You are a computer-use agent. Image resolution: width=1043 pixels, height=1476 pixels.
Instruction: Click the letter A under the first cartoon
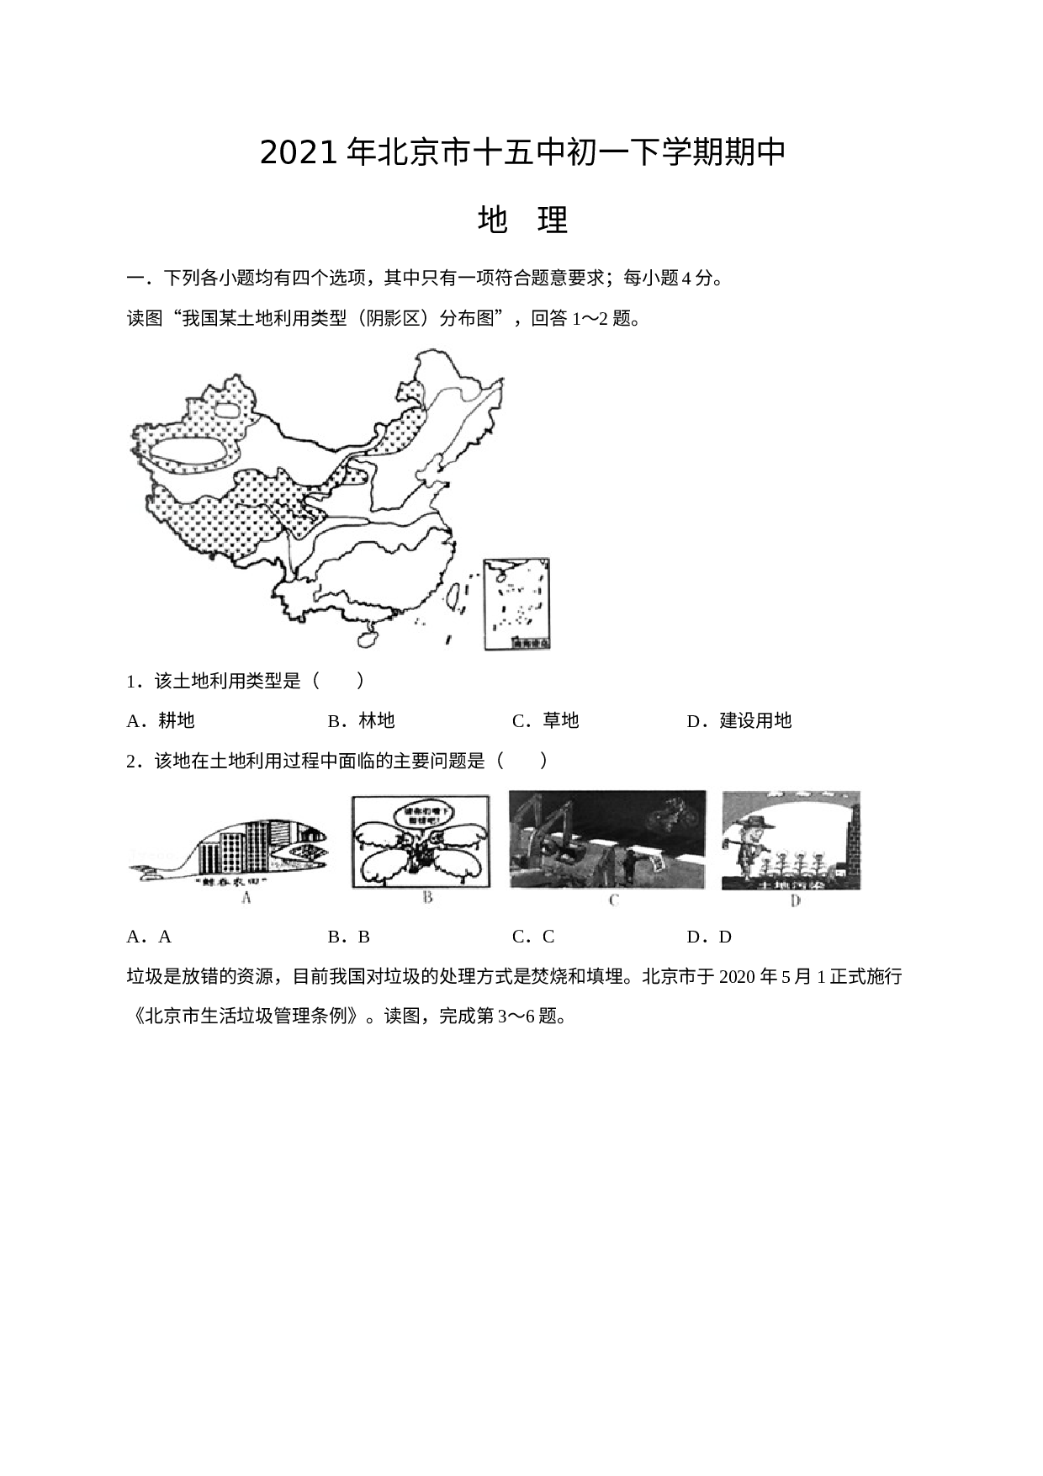click(246, 899)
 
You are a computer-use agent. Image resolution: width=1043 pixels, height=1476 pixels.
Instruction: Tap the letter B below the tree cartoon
click(427, 898)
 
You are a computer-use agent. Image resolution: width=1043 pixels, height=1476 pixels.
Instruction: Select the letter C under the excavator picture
click(614, 900)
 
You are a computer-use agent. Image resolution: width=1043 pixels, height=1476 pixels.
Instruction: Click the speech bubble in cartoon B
click(419, 814)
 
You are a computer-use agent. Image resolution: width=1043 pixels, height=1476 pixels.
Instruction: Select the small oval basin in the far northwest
click(227, 411)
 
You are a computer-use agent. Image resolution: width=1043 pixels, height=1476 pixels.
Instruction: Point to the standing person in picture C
click(631, 863)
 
